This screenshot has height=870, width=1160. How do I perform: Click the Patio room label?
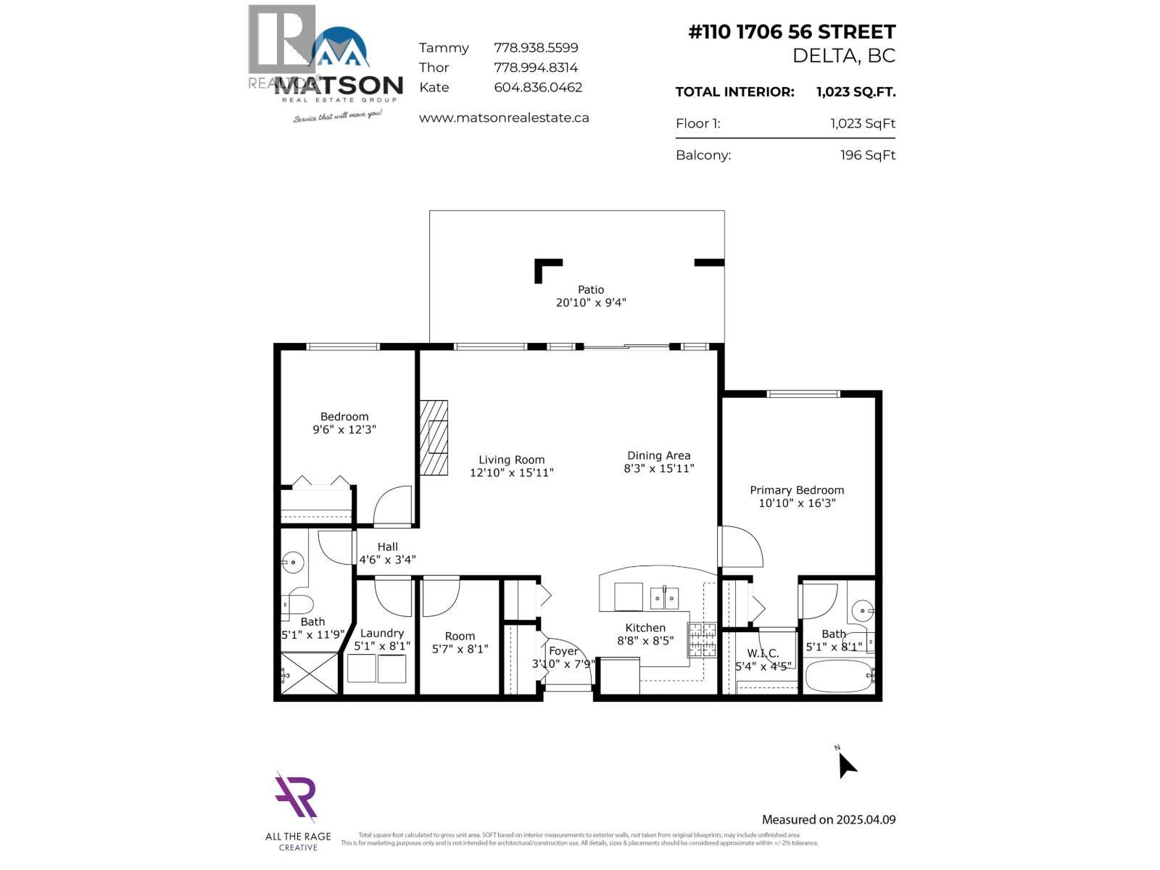pyautogui.click(x=590, y=290)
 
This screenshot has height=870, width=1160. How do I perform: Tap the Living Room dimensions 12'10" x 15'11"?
pyautogui.click(x=511, y=473)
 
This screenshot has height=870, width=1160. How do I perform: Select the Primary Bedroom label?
pyautogui.click(x=797, y=490)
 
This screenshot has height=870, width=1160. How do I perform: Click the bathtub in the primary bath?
pyautogui.click(x=838, y=676)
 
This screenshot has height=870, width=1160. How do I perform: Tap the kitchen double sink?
pyautogui.click(x=664, y=597)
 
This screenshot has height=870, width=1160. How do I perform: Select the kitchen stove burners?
pyautogui.click(x=703, y=639)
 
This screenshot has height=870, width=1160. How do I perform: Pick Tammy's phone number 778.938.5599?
pyautogui.click(x=536, y=48)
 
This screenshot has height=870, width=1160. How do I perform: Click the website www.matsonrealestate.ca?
pyautogui.click(x=504, y=117)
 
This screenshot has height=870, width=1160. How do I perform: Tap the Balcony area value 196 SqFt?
pyautogui.click(x=868, y=155)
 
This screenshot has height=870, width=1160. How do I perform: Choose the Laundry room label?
pyautogui.click(x=382, y=633)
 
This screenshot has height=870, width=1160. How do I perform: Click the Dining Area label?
pyautogui.click(x=658, y=456)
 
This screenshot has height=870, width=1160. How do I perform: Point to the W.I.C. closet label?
pyautogui.click(x=763, y=654)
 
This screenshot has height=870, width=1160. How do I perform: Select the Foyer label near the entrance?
pyautogui.click(x=563, y=651)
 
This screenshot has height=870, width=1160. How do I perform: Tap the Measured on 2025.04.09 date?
pyautogui.click(x=829, y=820)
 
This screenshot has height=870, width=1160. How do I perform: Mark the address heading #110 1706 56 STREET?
pyautogui.click(x=792, y=32)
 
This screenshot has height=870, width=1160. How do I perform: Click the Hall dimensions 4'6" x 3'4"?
pyautogui.click(x=387, y=560)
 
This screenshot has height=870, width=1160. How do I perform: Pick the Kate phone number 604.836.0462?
pyautogui.click(x=538, y=87)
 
